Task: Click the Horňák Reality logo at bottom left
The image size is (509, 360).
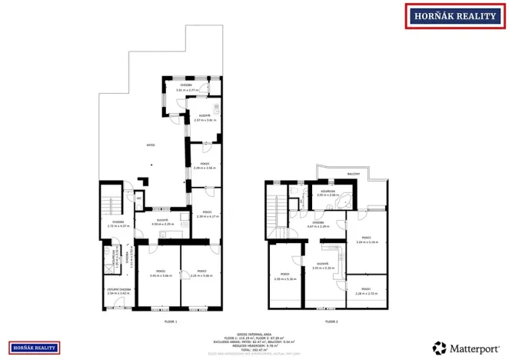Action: coord(34,348)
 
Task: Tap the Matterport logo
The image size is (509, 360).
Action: coord(467,348)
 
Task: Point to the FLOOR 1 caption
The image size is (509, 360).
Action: coord(171,321)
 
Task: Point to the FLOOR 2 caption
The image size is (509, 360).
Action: coord(331,321)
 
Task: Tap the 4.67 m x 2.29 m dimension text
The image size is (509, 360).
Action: coord(318,227)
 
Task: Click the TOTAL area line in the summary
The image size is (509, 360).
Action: coord(254,349)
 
